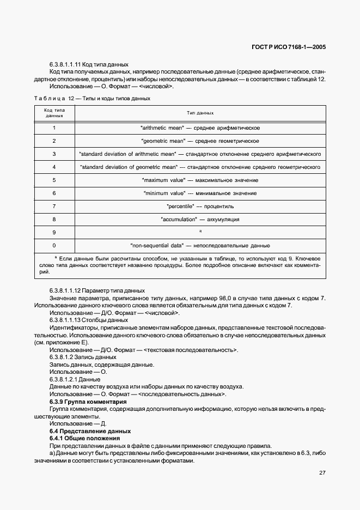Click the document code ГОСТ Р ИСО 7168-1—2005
pos(295,47)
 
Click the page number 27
pos(322,472)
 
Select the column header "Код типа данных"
pos(54,113)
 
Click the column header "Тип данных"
pos(200,113)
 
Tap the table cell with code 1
pos(54,128)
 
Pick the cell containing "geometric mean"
pos(200,141)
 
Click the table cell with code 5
pos(54,180)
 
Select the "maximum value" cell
pos(200,180)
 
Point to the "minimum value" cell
pos(200,193)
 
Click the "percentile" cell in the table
pos(200,206)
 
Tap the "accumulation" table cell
pos(200,219)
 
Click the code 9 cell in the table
pos(54,232)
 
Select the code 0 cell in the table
pos(54,245)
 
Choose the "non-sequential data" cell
pos(200,245)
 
